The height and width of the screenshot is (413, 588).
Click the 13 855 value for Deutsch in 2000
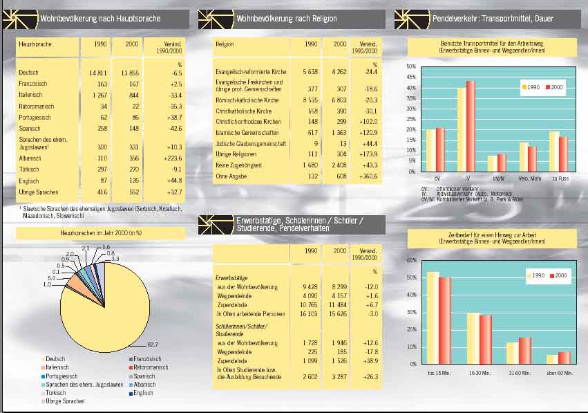click(x=129, y=73)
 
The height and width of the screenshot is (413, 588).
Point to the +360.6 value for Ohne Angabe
click(x=367, y=176)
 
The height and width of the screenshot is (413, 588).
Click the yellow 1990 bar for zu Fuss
click(x=553, y=151)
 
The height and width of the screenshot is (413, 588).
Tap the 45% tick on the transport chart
click(x=412, y=77)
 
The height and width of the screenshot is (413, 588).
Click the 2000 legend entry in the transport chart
click(x=554, y=88)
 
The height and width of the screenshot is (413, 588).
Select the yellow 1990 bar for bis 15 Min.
click(x=433, y=318)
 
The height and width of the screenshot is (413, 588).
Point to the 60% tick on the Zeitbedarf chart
click(x=412, y=260)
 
